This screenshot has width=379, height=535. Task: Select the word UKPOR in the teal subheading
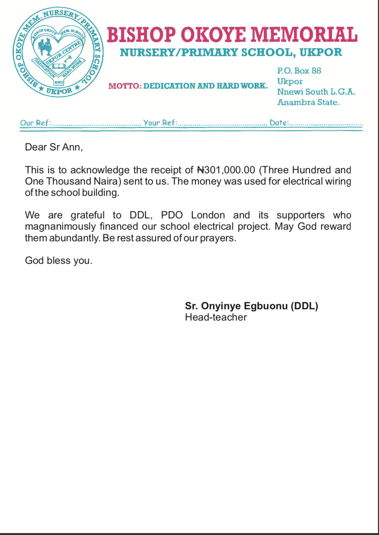point(321,52)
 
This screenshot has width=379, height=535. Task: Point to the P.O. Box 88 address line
point(299,71)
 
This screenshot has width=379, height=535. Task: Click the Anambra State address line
point(308,102)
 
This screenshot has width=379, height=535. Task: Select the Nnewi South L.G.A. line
point(316,92)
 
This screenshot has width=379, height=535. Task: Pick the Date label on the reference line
point(279,123)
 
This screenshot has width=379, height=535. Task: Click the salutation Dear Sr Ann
point(54,147)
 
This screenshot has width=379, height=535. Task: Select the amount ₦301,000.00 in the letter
point(226,170)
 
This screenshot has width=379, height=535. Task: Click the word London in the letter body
point(208,215)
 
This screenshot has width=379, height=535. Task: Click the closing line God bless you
point(58,261)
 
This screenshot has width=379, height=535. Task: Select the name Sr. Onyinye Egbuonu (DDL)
point(251,306)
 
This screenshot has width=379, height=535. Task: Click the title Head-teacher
point(216,317)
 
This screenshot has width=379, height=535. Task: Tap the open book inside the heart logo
point(60,66)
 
